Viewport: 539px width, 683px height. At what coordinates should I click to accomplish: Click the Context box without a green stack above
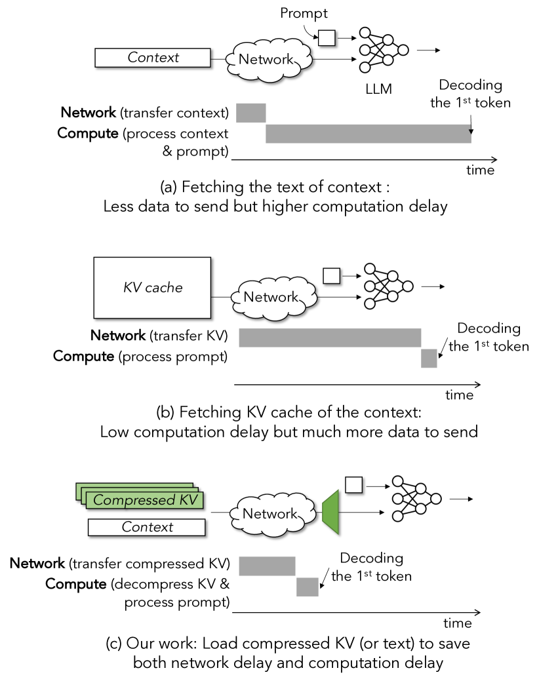152,58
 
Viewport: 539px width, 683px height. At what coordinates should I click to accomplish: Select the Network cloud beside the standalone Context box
268,60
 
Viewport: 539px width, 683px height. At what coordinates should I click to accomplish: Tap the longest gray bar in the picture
368,134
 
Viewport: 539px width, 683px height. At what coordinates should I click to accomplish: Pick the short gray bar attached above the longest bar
251,113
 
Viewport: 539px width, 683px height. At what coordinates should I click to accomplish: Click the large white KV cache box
152,288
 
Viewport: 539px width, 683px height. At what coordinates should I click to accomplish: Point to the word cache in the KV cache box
165,288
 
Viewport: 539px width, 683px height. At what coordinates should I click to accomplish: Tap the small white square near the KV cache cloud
332,276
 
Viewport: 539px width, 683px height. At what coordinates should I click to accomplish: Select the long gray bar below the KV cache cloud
330,338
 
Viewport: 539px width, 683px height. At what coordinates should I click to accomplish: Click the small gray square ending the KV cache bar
429,359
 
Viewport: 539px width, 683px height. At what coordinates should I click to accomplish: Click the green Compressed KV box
144,500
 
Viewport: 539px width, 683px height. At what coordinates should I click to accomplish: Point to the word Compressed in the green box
126,500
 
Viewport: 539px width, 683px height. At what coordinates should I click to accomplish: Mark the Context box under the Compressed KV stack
147,527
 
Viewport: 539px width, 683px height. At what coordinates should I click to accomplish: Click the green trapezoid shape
331,512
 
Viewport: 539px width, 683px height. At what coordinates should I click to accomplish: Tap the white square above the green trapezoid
353,484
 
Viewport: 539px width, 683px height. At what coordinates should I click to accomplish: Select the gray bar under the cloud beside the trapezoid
267,566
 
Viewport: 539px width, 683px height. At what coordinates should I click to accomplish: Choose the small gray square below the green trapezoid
308,587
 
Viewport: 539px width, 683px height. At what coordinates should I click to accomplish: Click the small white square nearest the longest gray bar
327,38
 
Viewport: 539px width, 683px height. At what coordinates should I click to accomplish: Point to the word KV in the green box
188,500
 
